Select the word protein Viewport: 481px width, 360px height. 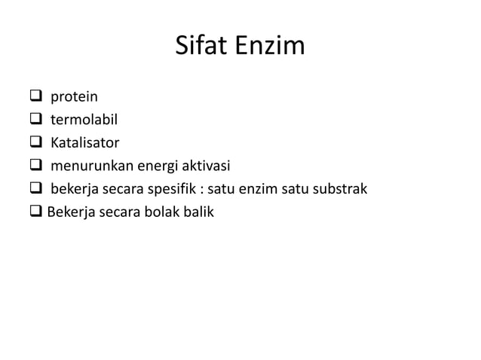pyautogui.click(x=74, y=96)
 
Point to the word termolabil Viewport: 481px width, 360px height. pyautogui.click(x=84, y=119)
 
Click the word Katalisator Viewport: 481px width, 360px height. pyautogui.click(x=84, y=142)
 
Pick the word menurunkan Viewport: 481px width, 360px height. pyautogui.click(x=87, y=166)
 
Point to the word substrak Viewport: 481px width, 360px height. pyautogui.click(x=340, y=189)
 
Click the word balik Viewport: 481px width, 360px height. pyautogui.click(x=199, y=212)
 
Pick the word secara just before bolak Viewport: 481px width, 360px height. pyautogui.click(x=124, y=212)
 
